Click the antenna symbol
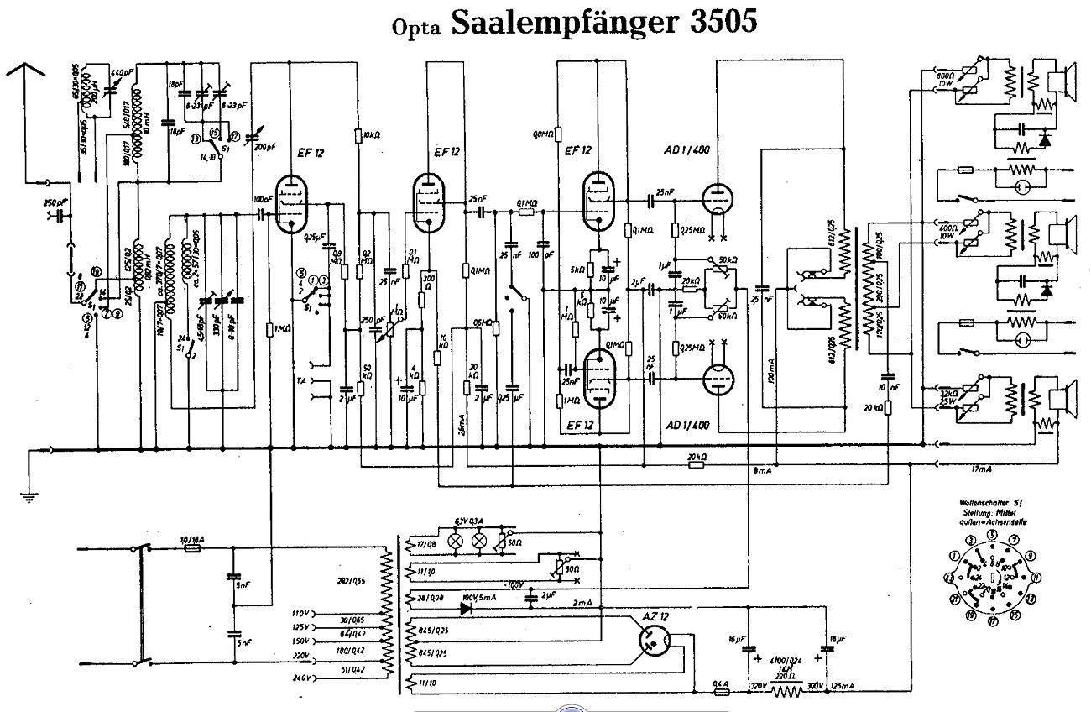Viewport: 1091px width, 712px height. pos(26,76)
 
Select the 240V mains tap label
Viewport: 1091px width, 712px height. pos(301,677)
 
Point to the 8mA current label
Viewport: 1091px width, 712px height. pos(762,471)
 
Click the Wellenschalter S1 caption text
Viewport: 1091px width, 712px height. pos(991,502)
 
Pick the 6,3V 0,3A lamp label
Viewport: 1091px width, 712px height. pos(471,520)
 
